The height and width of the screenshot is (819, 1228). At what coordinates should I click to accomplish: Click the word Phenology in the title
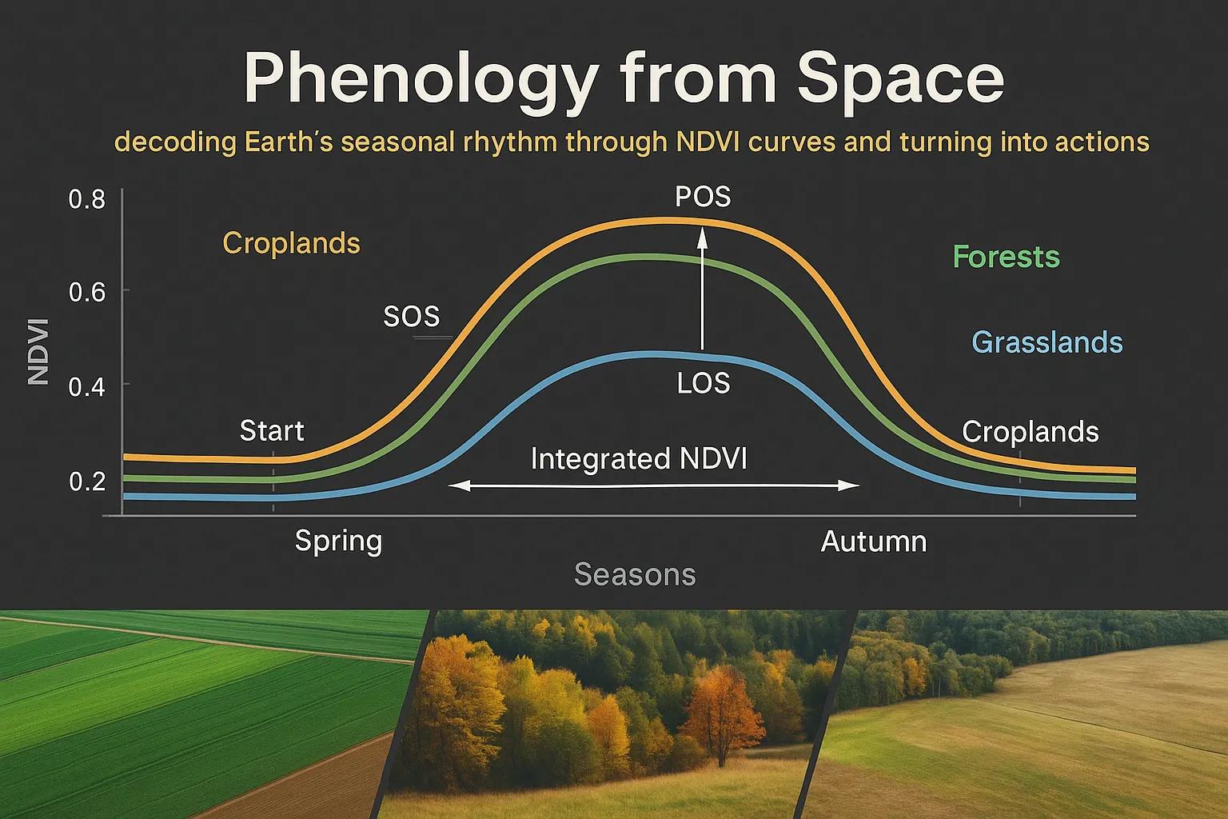(x=421, y=80)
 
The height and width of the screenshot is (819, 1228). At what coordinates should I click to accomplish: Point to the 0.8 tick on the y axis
(x=87, y=199)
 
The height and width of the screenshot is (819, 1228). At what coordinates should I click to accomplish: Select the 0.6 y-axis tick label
(x=87, y=293)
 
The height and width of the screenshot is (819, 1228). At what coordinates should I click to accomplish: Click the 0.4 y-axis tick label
(x=87, y=387)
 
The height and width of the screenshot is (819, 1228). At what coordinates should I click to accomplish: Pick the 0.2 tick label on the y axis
(x=87, y=481)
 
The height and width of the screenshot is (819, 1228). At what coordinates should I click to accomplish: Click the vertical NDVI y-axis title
(x=38, y=352)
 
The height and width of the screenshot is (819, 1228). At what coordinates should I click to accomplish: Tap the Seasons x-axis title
(x=635, y=574)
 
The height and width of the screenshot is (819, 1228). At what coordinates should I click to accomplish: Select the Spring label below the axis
(x=338, y=542)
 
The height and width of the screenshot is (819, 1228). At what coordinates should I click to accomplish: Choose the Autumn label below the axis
(x=874, y=542)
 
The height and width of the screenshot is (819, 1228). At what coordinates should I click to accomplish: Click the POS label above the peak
(x=703, y=197)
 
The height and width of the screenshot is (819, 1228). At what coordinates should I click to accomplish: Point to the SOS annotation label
(x=412, y=317)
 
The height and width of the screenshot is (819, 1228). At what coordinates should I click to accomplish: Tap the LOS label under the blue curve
(x=704, y=383)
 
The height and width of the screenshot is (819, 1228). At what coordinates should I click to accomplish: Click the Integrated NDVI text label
(x=639, y=458)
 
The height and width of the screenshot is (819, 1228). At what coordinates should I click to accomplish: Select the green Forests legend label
(x=1006, y=256)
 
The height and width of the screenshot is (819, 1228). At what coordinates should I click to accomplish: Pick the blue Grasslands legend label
(x=1047, y=342)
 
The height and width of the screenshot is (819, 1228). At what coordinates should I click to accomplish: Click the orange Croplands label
(x=291, y=243)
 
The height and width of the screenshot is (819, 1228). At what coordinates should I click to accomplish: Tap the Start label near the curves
(x=272, y=430)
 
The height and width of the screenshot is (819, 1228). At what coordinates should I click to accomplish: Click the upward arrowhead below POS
(x=702, y=238)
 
